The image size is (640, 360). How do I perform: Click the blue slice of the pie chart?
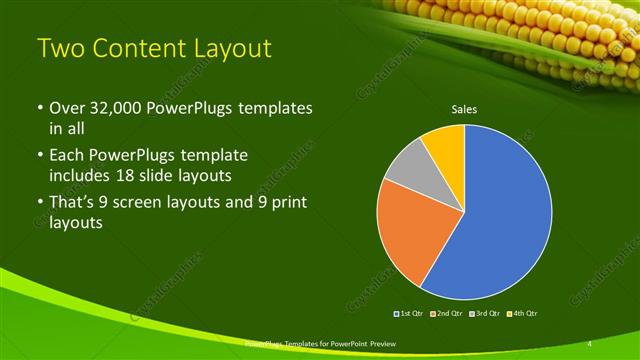[505, 215]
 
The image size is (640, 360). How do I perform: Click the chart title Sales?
[464, 109]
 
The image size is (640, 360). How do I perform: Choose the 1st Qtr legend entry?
[409, 313]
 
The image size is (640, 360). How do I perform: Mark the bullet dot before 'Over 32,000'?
[38, 108]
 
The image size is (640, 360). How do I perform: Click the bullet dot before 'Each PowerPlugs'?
[38, 156]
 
